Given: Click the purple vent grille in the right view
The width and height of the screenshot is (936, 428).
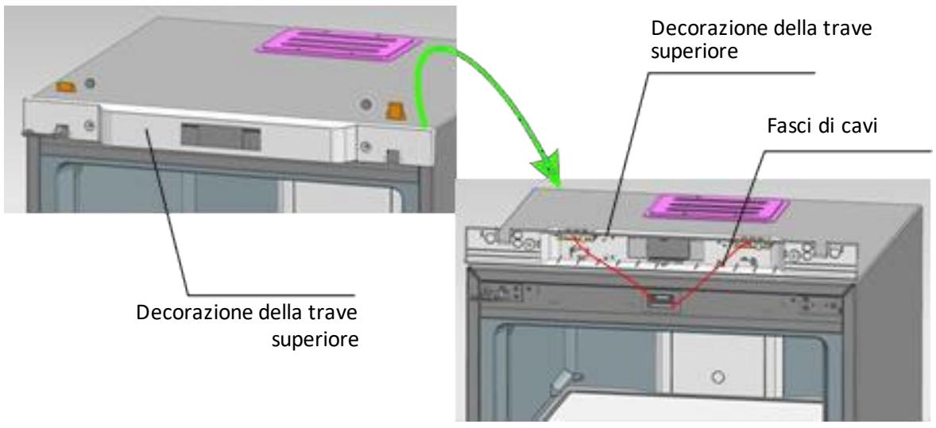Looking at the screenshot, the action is pos(717,206).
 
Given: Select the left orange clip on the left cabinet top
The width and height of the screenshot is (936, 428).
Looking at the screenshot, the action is pos(66,87).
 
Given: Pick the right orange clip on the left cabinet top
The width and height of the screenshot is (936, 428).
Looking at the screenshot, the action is pos(394,110).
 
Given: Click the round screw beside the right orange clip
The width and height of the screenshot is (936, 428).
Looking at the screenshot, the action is pos(366,105).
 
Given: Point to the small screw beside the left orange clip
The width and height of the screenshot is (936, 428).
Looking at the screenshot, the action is pos(90,83).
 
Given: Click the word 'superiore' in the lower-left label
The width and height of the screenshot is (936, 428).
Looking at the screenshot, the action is pos(315,339).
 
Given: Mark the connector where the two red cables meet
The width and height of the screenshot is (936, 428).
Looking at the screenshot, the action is pos(659,299).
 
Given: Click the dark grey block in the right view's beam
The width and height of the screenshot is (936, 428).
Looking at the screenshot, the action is pos(663,246).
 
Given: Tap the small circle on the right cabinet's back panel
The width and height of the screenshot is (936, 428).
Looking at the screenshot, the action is pos(719,377).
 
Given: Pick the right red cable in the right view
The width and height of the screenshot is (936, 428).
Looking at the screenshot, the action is pos(707,272).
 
